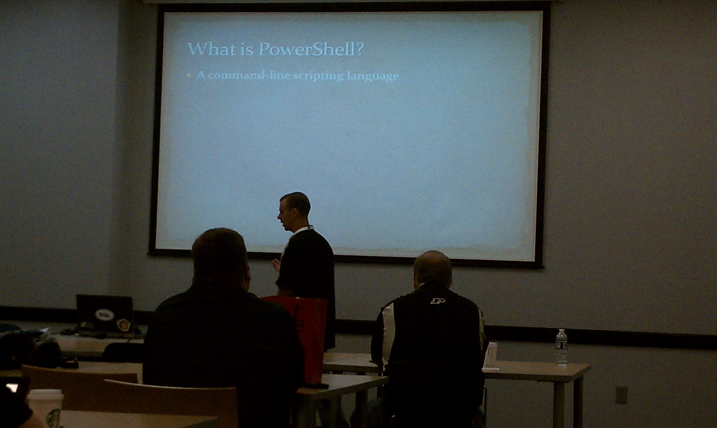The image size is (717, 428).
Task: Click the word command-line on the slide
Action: (x=250, y=76)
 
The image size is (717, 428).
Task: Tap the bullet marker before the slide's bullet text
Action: (x=190, y=76)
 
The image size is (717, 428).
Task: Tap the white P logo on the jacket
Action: (x=437, y=301)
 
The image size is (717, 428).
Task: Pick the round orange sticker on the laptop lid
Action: (x=123, y=325)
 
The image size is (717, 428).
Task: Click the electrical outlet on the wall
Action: (x=621, y=394)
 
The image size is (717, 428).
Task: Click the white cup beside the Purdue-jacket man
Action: (x=490, y=356)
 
